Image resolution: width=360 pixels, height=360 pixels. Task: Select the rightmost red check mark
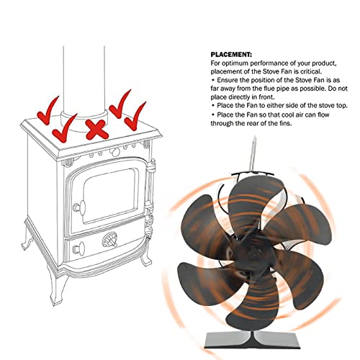[x=133, y=115]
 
